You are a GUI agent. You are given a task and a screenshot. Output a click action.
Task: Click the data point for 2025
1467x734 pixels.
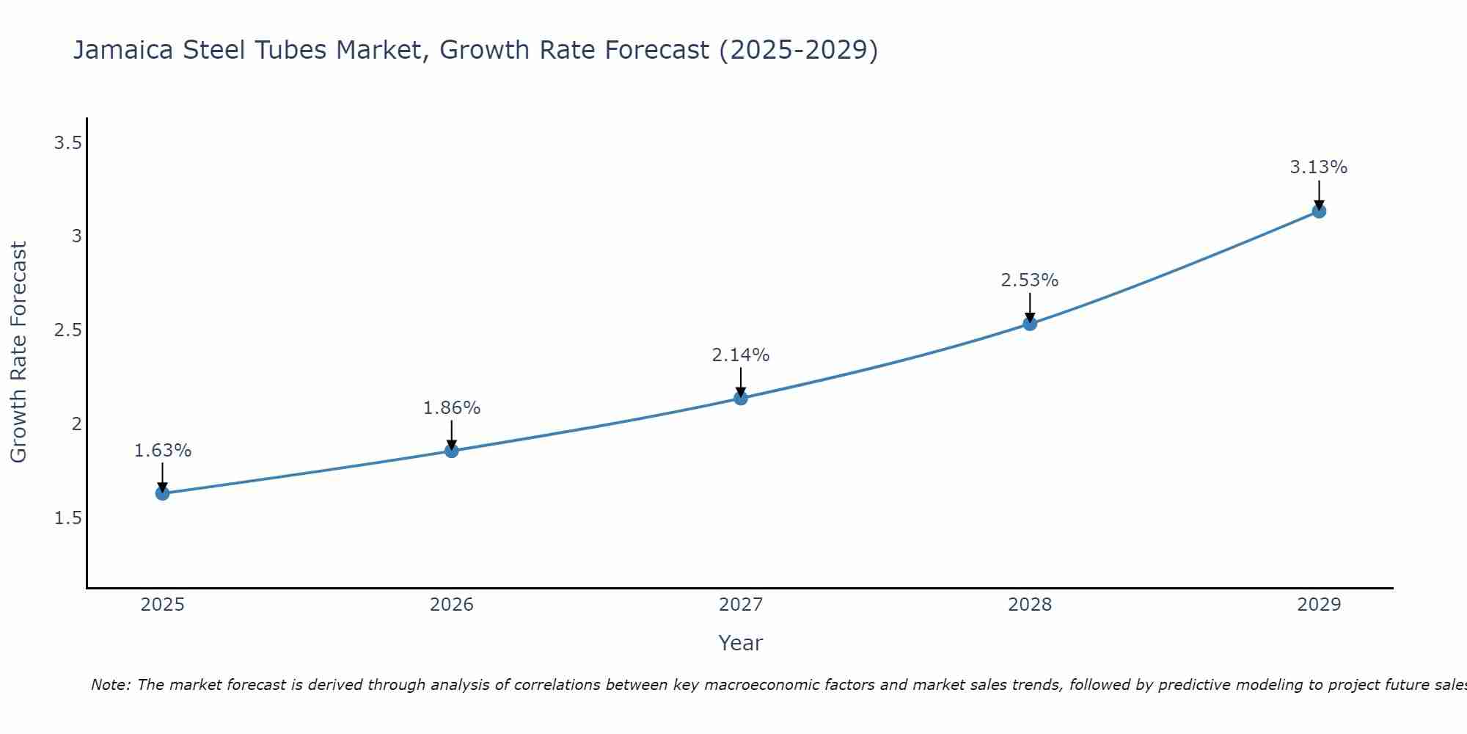coord(163,493)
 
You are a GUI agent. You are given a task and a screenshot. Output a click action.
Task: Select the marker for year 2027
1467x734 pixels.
coord(741,398)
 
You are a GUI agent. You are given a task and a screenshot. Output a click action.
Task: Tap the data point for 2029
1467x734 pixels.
coord(1319,211)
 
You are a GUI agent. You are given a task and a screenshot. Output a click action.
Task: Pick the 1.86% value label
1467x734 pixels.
coord(452,408)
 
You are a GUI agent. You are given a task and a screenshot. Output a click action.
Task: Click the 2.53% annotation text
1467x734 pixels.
coord(1030,280)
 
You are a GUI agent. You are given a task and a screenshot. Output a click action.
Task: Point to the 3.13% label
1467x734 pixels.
coord(1319,167)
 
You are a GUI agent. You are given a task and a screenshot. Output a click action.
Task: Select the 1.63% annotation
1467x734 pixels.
coord(163,451)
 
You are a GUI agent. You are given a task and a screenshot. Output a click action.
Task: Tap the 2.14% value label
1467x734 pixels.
coord(741,355)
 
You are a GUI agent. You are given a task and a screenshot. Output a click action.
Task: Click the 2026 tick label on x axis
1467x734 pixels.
coord(452,605)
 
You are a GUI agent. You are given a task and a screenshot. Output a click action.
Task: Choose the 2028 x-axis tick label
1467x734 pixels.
coord(1030,605)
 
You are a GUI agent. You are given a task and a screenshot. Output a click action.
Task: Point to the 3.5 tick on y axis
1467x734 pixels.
coord(67,143)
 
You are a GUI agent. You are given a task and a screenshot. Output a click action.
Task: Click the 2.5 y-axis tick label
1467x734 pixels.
coord(67,330)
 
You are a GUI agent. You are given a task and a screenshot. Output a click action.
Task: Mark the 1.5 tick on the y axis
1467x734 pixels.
coord(67,518)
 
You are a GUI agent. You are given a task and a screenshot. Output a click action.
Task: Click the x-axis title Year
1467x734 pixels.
coord(741,643)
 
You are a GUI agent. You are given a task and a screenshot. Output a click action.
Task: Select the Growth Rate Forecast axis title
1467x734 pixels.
coord(19,352)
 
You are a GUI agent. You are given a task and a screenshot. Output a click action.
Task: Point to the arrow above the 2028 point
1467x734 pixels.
coord(1030,307)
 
